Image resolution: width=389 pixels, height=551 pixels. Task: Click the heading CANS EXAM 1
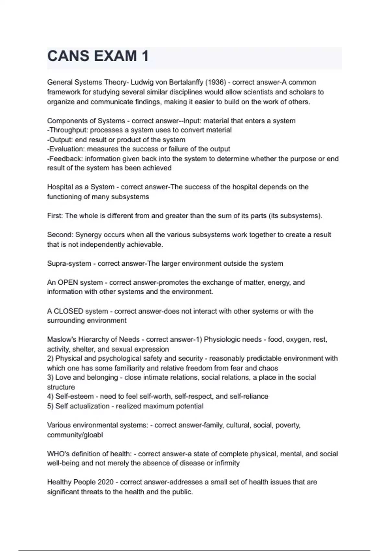[98, 56]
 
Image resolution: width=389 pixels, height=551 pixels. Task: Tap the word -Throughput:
[67, 130]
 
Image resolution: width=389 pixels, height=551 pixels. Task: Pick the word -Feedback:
[65, 159]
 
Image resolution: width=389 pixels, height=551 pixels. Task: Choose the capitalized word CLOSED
[68, 311]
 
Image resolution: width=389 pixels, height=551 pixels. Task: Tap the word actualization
[89, 406]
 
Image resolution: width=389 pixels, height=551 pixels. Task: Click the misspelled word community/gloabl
[75, 435]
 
